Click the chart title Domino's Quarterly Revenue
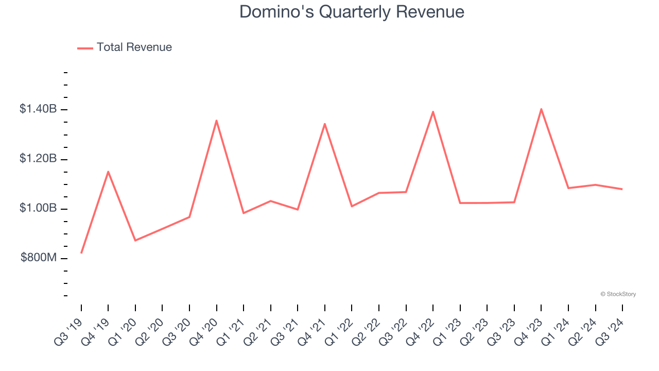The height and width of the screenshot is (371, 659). pyautogui.click(x=352, y=12)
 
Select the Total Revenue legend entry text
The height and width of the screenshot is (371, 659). pyautogui.click(x=134, y=47)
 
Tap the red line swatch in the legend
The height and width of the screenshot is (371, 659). pyautogui.click(x=85, y=48)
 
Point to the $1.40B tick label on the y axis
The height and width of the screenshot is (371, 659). pyautogui.click(x=38, y=109)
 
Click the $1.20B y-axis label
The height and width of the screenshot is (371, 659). pyautogui.click(x=38, y=159)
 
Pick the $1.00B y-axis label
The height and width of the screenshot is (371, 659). pyautogui.click(x=38, y=209)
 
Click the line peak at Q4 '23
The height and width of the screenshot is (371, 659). pyautogui.click(x=541, y=109)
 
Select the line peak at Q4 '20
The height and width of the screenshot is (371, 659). pyautogui.click(x=216, y=121)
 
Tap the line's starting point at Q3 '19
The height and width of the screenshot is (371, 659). pyautogui.click(x=81, y=253)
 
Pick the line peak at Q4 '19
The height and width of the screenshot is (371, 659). pyautogui.click(x=108, y=172)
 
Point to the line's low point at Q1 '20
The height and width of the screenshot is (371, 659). pyautogui.click(x=135, y=241)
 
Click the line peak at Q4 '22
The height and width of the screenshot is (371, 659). pyautogui.click(x=433, y=112)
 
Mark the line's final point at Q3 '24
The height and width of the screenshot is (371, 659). pyautogui.click(x=622, y=189)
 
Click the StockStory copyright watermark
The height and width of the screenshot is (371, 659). pyautogui.click(x=618, y=294)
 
